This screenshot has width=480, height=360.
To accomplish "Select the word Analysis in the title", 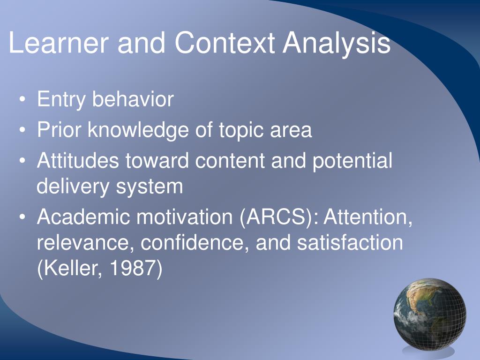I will point(336,43).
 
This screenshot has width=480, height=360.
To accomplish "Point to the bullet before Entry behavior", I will point(23,100).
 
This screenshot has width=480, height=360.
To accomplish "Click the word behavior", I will point(133,99).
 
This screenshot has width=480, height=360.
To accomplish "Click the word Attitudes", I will point(78,161).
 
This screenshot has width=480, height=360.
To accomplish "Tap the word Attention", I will point(368,217).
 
